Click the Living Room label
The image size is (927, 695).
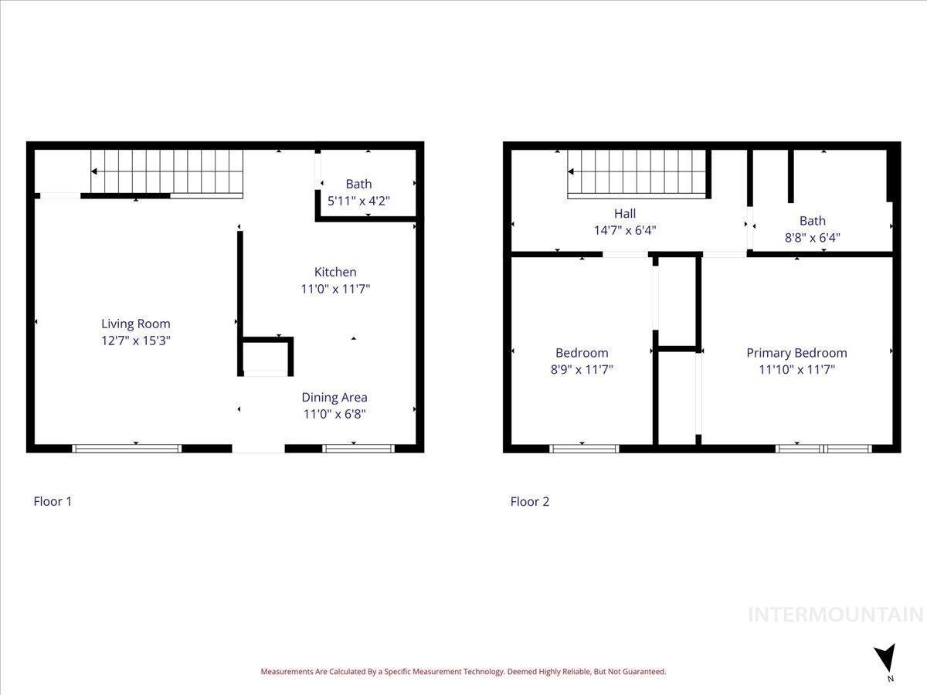[x=135, y=324]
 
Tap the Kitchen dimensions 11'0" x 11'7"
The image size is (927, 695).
[x=335, y=289]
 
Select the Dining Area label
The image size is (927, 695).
[x=334, y=398]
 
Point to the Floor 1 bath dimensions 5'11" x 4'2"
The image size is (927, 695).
[x=358, y=201]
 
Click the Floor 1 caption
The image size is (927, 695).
[x=53, y=501]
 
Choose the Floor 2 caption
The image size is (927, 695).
[x=530, y=501]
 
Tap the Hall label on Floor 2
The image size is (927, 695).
[x=625, y=214]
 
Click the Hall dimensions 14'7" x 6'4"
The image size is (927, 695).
[x=625, y=230]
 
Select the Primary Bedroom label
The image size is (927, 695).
[x=796, y=353]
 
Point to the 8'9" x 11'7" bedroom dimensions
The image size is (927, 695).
[x=582, y=370]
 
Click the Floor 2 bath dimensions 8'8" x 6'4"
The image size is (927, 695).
[x=812, y=238]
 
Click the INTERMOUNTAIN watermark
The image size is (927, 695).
[x=836, y=615]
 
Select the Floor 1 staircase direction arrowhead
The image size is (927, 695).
[x=94, y=171]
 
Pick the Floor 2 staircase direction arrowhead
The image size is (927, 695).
[x=571, y=171]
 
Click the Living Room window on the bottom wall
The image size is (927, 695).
[x=127, y=449]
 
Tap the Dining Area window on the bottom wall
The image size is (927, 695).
[x=358, y=449]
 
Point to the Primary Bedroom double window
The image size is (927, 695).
[x=823, y=449]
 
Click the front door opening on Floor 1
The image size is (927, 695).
[x=258, y=449]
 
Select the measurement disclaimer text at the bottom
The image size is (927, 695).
[x=463, y=671]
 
